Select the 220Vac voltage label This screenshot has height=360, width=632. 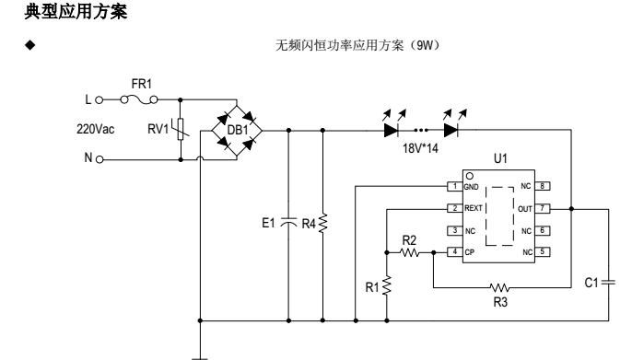pos(96,129)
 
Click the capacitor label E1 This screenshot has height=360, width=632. pos(270,222)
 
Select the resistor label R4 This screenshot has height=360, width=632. pos(310,222)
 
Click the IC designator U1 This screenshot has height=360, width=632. pos(500,159)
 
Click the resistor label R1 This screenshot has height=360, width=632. pos(371,286)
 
